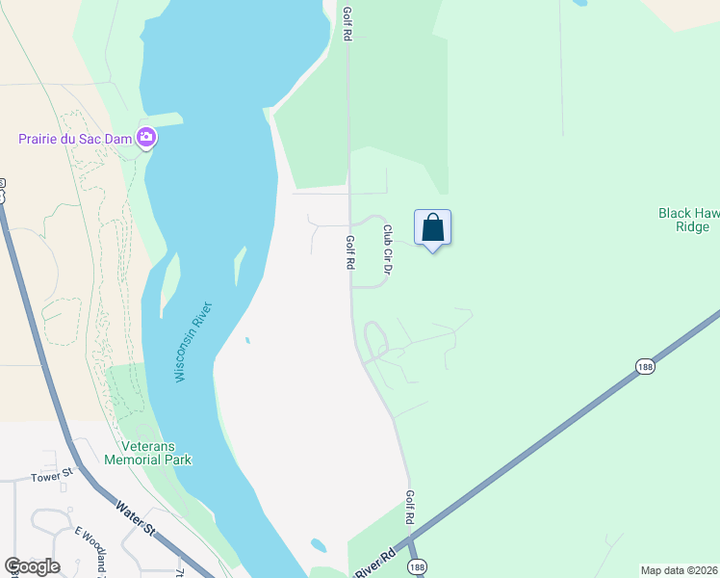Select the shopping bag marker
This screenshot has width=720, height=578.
433,228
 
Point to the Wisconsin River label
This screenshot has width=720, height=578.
193,342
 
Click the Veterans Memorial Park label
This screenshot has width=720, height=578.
157,453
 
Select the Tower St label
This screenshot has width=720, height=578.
52,477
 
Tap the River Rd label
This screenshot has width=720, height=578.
375,564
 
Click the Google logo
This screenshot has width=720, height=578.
32,566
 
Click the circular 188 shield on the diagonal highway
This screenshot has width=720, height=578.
644,366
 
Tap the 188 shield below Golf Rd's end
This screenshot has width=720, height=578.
415,566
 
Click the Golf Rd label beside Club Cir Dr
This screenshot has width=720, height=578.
351,252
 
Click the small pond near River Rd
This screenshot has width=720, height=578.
319,545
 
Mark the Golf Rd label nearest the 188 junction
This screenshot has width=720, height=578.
410,508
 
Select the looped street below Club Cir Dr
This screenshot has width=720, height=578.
374,339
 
